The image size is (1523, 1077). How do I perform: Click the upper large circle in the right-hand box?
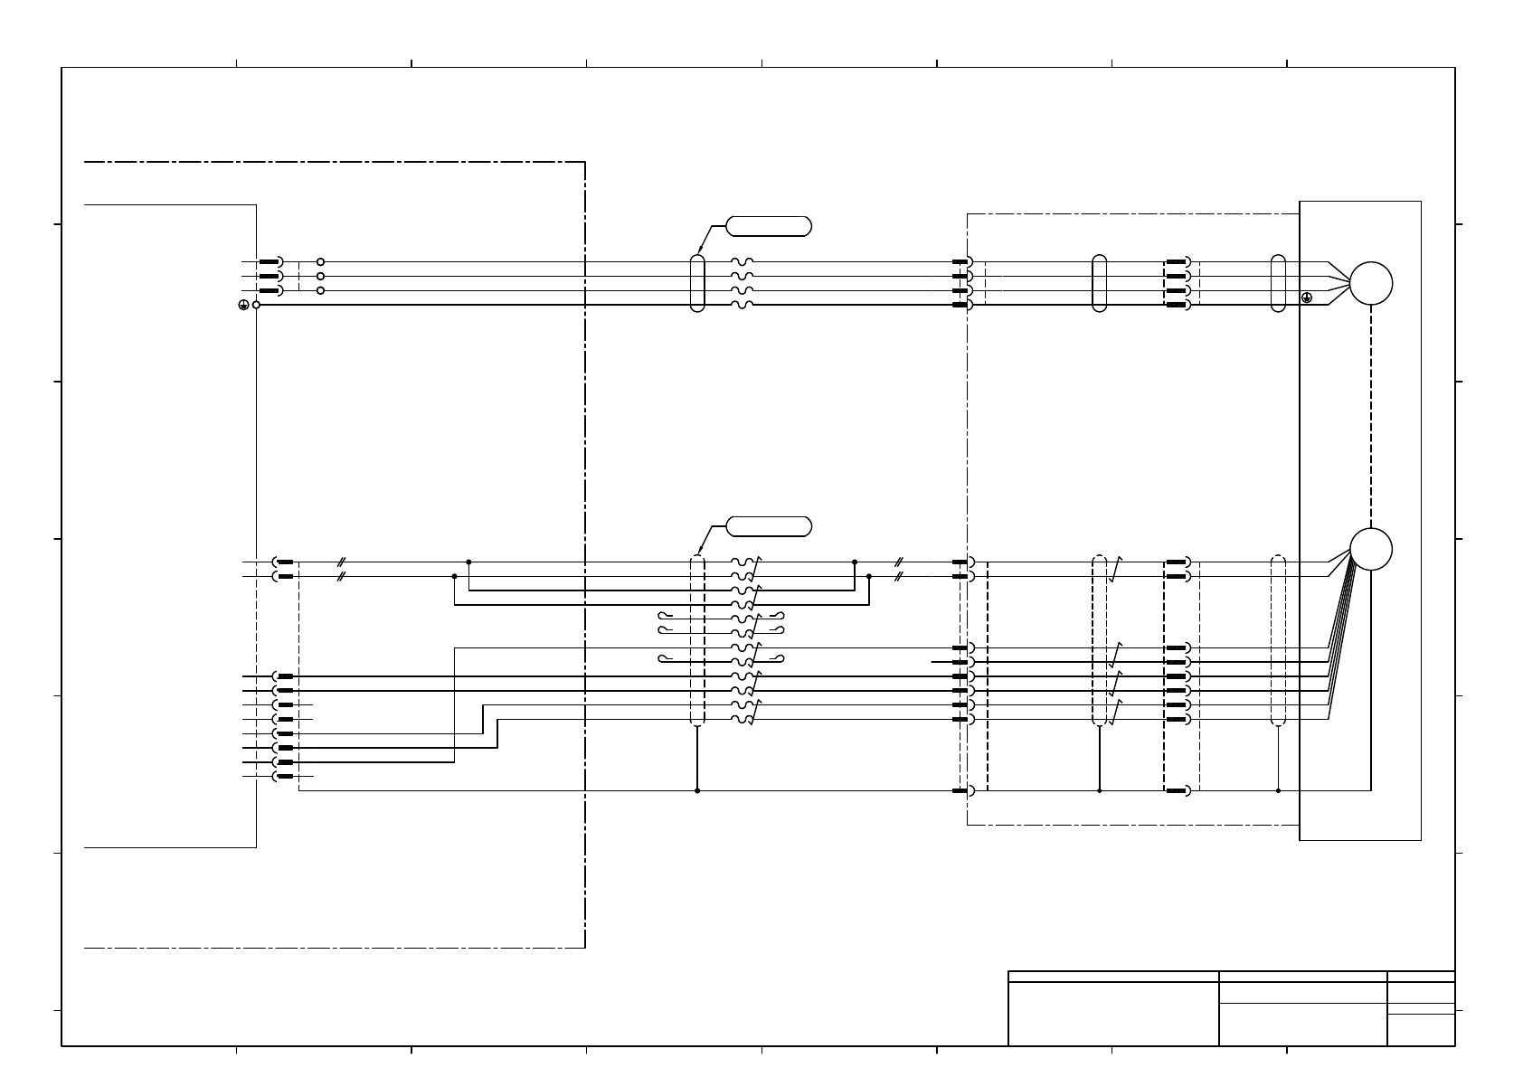click(x=1370, y=284)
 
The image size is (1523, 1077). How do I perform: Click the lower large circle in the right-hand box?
click(x=1370, y=549)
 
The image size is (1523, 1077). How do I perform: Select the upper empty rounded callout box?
click(x=768, y=226)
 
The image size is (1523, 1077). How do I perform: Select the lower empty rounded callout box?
click(x=768, y=526)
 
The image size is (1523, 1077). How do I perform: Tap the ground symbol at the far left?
click(x=243, y=306)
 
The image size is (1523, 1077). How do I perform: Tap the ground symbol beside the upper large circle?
click(x=1306, y=298)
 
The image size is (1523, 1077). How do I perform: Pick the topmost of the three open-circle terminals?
click(x=320, y=261)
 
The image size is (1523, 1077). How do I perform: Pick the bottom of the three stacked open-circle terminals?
click(x=320, y=290)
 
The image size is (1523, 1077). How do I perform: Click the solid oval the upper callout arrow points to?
click(x=696, y=283)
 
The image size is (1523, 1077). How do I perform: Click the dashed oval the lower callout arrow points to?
click(x=696, y=639)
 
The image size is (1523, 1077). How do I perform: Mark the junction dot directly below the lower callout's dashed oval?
click(x=696, y=790)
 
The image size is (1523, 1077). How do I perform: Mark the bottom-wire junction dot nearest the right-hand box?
click(x=1278, y=790)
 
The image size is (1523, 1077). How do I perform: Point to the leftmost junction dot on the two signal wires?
click(x=454, y=576)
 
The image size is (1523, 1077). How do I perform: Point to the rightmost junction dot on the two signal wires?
click(x=869, y=576)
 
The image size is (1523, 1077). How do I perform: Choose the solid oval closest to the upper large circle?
click(x=1278, y=283)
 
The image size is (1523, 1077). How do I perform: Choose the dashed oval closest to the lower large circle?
click(x=1278, y=639)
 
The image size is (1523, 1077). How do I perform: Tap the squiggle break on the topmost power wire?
click(x=742, y=261)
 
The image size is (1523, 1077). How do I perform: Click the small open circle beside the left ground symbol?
click(x=257, y=306)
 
